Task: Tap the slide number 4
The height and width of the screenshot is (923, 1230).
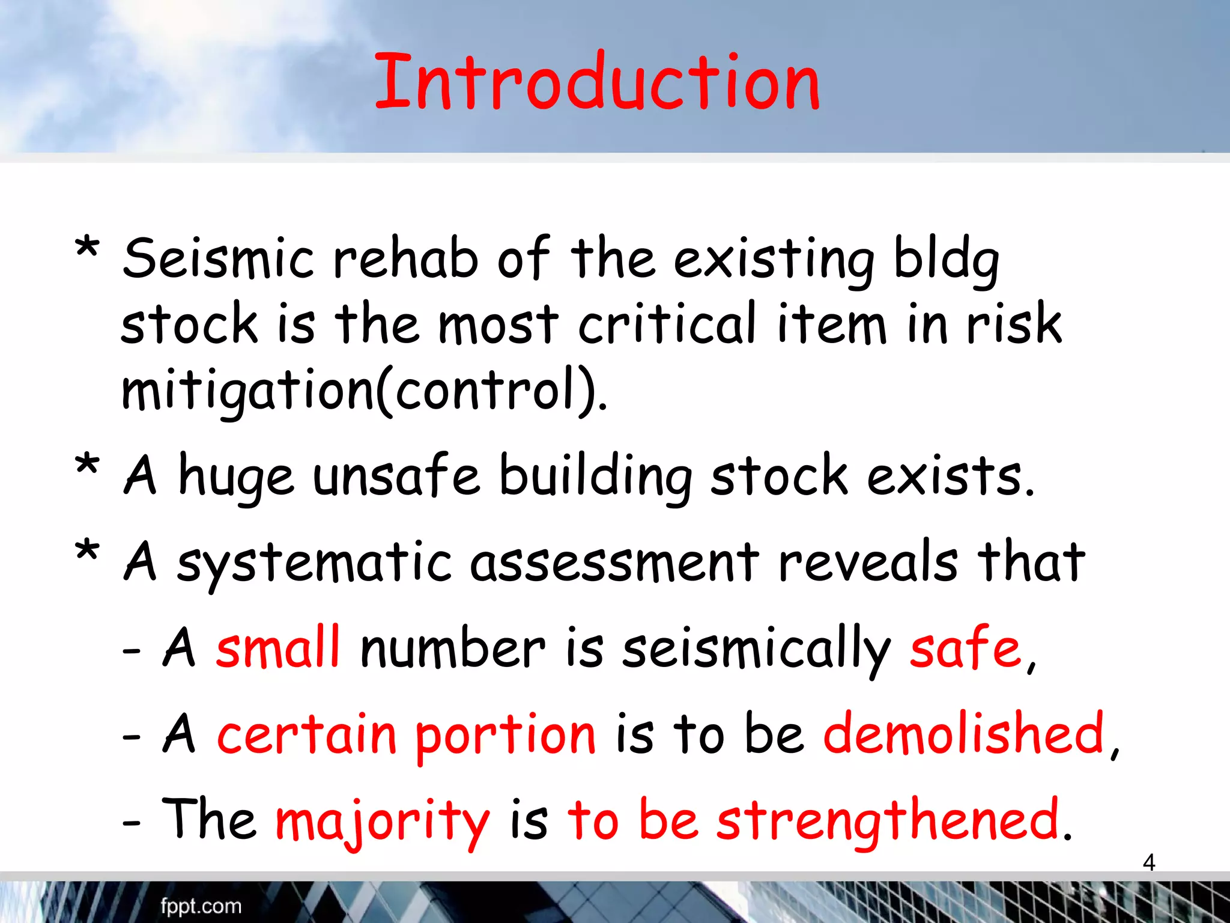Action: [x=1148, y=862]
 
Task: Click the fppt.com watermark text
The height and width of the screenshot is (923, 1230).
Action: [x=201, y=906]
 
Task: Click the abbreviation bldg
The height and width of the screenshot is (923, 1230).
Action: [x=947, y=260]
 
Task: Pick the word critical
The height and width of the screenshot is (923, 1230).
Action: [x=667, y=324]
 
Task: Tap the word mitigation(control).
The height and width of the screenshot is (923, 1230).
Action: [x=363, y=391]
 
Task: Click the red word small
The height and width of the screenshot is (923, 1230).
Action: [x=278, y=648]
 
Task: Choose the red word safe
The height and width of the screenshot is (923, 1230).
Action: [x=965, y=648]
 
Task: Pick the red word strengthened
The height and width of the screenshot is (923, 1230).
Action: [x=888, y=820]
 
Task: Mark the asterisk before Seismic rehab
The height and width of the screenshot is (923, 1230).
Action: [x=87, y=248]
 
